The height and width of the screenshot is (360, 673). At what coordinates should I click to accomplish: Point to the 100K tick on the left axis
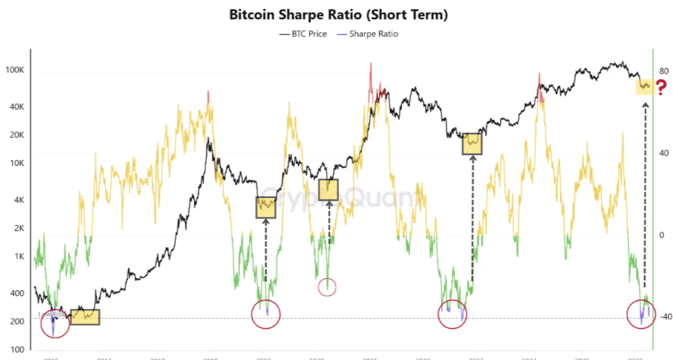tap(15, 71)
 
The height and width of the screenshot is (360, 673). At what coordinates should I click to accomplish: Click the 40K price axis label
tap(16, 107)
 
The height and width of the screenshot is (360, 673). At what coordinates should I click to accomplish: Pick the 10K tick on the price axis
tap(16, 163)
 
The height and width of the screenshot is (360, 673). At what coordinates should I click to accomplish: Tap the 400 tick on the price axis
tap(17, 294)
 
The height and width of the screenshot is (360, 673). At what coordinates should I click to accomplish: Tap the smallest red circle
tap(327, 287)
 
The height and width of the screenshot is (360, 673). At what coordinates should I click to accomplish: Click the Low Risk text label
tap(53, 315)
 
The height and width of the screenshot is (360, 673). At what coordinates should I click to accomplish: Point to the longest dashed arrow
tap(644, 197)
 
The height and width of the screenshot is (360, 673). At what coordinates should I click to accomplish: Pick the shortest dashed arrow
tap(329, 222)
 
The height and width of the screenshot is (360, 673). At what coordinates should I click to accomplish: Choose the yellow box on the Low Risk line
tap(85, 317)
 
